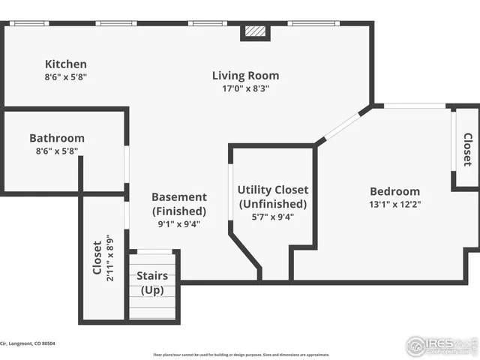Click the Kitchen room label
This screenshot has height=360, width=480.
click(x=65, y=64)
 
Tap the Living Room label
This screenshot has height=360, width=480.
click(x=245, y=75)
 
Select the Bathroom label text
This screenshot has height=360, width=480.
click(x=57, y=138)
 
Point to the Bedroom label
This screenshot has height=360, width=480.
click(x=394, y=191)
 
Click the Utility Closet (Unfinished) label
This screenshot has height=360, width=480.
click(x=272, y=196)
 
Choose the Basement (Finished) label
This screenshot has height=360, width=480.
click(x=178, y=203)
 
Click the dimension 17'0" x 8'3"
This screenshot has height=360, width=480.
click(x=245, y=88)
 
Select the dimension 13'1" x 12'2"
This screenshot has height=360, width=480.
click(x=394, y=204)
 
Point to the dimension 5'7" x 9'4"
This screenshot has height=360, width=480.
click(x=272, y=217)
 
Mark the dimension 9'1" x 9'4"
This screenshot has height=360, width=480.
click(x=178, y=223)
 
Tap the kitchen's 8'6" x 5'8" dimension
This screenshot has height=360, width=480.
click(x=65, y=76)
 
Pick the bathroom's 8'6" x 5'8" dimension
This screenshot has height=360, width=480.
click(x=57, y=151)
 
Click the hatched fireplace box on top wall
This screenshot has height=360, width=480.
click(x=256, y=32)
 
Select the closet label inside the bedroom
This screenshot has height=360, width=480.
click(x=467, y=149)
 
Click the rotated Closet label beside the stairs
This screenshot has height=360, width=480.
click(x=97, y=258)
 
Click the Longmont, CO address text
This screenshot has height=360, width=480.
click(x=28, y=343)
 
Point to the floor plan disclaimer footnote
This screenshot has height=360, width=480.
click(x=241, y=354)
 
